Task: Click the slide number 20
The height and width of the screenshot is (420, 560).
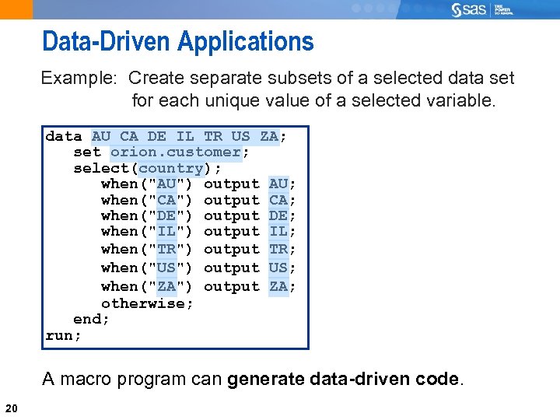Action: click(x=12, y=408)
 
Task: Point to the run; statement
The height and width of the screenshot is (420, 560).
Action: click(x=64, y=336)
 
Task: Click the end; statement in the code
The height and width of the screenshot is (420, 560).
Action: click(x=91, y=320)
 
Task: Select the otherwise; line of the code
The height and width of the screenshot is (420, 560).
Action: click(x=147, y=303)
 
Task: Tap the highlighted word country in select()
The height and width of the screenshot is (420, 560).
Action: click(x=171, y=168)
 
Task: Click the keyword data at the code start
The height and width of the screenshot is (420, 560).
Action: click(x=64, y=136)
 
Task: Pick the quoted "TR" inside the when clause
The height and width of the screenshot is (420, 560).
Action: click(x=166, y=250)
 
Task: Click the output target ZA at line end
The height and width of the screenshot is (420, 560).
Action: click(x=278, y=286)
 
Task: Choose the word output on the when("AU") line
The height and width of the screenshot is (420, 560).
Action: click(x=231, y=184)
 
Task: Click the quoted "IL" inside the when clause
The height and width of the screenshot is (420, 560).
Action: click(x=166, y=232)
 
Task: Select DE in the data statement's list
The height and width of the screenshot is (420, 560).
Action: click(x=156, y=136)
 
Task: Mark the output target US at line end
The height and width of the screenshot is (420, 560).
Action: click(x=278, y=268)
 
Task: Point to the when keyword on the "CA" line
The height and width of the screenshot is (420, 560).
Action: click(x=119, y=200)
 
